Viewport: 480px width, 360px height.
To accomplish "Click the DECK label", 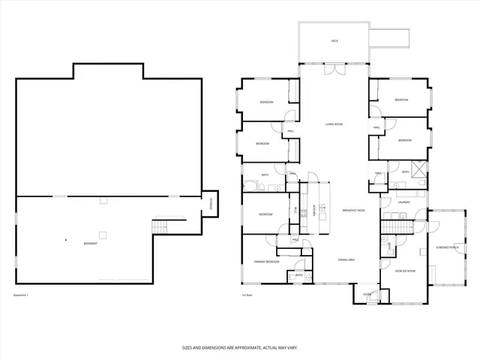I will click(x=334, y=40).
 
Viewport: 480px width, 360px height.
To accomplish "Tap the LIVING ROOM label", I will click(x=334, y=124).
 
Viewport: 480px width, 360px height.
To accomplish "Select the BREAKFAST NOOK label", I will click(x=354, y=211).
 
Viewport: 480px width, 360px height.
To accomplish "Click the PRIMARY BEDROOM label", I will click(x=266, y=262).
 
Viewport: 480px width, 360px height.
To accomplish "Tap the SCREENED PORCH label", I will click(x=448, y=247).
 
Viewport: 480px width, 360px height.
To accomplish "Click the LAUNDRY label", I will click(x=403, y=202).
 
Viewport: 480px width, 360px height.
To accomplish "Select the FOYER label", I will click(x=367, y=294).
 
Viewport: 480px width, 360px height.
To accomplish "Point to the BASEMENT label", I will click(x=90, y=243).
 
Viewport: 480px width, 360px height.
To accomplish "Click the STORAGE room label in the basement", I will click(x=211, y=202).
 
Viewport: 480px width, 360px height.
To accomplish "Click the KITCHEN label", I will click(x=304, y=212).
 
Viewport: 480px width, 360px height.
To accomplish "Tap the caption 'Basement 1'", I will click(x=21, y=295).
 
